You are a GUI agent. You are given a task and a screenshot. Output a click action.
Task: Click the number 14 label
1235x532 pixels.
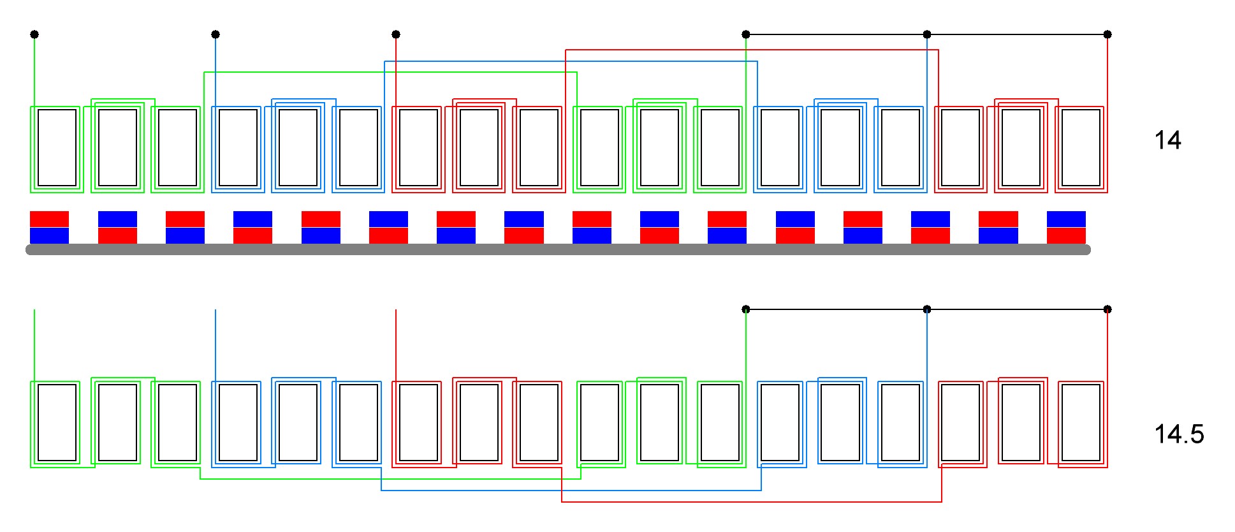click(x=1167, y=140)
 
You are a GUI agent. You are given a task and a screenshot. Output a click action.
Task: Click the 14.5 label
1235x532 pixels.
click(x=1179, y=434)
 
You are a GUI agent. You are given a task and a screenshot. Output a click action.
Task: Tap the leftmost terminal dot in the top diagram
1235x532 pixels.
click(x=34, y=34)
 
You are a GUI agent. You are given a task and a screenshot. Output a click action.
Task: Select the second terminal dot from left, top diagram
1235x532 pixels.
click(x=216, y=34)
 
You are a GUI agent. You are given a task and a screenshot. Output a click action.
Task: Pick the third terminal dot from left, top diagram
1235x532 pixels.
click(x=396, y=34)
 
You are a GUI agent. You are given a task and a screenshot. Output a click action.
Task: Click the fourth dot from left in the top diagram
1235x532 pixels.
click(x=746, y=34)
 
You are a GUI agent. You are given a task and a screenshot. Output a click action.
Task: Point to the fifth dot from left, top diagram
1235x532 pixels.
click(x=927, y=34)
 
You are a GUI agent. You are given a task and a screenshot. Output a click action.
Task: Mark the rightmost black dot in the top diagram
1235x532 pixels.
click(x=1107, y=34)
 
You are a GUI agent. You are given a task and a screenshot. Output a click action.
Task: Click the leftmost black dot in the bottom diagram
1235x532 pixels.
click(x=746, y=309)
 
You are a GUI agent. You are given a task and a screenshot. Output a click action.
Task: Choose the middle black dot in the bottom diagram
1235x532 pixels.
click(x=927, y=309)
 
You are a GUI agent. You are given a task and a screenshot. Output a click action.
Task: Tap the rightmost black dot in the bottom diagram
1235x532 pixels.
click(x=1107, y=309)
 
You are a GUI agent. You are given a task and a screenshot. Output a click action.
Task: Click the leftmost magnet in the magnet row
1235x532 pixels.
click(x=49, y=227)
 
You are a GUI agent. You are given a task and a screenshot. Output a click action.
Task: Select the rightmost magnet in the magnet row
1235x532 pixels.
click(x=1066, y=227)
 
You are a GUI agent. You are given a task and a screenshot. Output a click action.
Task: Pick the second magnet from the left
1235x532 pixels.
click(x=117, y=227)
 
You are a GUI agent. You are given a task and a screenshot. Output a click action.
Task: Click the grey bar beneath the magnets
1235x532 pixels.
click(x=558, y=249)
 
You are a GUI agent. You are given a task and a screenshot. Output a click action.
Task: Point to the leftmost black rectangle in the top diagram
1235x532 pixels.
click(x=57, y=147)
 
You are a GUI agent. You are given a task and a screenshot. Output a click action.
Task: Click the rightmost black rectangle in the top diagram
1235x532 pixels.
click(x=1081, y=147)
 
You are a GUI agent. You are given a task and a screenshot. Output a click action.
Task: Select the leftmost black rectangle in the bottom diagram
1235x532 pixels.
click(x=57, y=422)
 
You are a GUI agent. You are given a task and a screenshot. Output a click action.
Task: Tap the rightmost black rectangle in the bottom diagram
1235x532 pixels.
click(x=1081, y=422)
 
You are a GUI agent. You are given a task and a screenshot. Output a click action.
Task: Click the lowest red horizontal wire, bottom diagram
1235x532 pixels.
click(x=752, y=502)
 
